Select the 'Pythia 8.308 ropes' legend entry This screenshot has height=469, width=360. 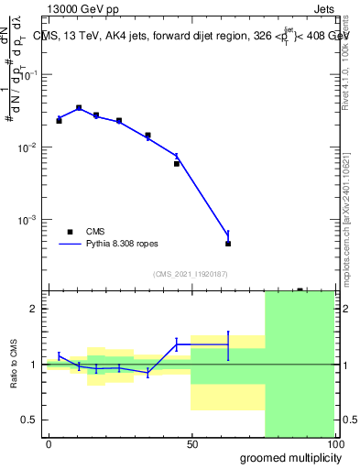(123, 245)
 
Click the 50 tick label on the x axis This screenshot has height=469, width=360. (191, 443)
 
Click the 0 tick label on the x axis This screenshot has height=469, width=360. (49, 443)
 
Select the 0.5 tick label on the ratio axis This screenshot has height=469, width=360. (28, 420)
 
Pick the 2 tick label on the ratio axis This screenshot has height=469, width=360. (33, 309)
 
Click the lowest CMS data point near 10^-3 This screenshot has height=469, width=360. (228, 244)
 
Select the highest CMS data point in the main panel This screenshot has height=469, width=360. (79, 108)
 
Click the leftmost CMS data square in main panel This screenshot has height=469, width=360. (59, 120)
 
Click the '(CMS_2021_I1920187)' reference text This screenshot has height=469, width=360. (190, 274)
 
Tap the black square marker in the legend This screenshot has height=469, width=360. (70, 232)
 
